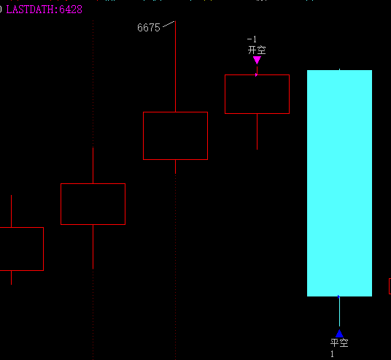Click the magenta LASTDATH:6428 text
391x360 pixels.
point(44,9)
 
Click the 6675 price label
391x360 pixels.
point(149,28)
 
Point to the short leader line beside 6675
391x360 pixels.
point(169,24)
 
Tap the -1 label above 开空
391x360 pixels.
point(252,39)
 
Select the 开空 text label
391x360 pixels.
point(257,50)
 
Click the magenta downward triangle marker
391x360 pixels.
point(257,60)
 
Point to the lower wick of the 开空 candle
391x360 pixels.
point(257,131)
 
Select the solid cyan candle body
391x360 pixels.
point(339,183)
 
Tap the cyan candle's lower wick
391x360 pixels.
point(339,311)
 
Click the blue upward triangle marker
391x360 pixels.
point(339,334)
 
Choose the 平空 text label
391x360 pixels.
point(339,342)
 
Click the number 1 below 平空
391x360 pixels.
point(332,354)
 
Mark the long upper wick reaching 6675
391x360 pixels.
point(175,66)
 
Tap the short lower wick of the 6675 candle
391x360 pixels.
point(175,166)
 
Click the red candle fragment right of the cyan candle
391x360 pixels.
point(390,286)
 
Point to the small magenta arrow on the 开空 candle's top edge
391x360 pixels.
point(256,74)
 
